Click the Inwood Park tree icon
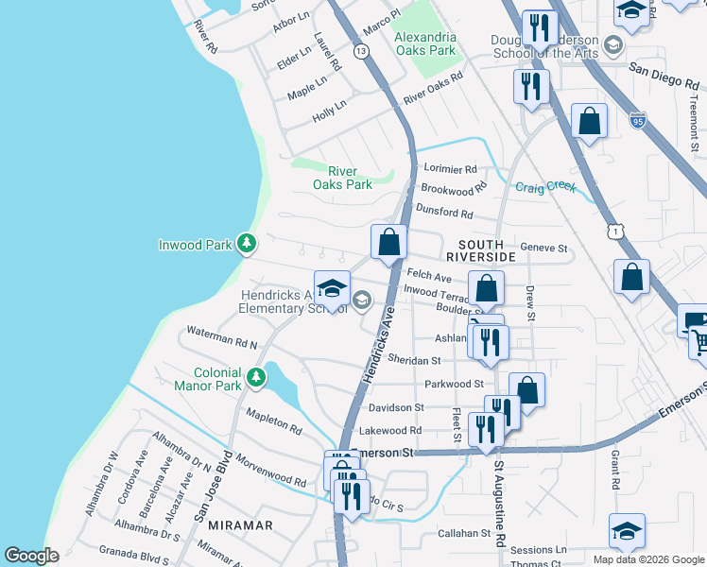pyautogui.click(x=247, y=245)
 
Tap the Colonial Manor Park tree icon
pyautogui.click(x=255, y=379)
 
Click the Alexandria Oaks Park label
pyautogui.click(x=424, y=43)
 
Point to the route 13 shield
pyautogui.click(x=361, y=51)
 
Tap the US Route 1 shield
pyautogui.click(x=616, y=230)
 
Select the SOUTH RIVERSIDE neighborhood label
pyautogui.click(x=480, y=249)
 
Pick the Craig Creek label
pyautogui.click(x=545, y=187)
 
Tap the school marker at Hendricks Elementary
pyautogui.click(x=332, y=288)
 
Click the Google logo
pyautogui.click(x=31, y=556)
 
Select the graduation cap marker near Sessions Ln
pyautogui.click(x=627, y=532)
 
